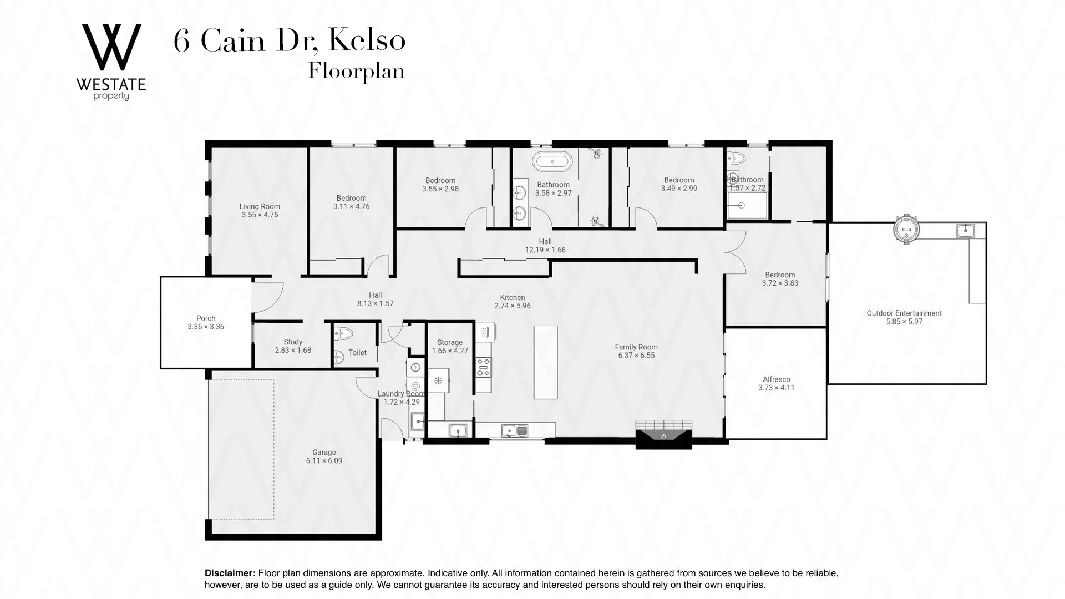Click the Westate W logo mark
[111, 48]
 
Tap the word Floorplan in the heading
[356, 72]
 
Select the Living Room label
[260, 206]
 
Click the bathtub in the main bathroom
[552, 161]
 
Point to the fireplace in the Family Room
[664, 434]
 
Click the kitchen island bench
[545, 362]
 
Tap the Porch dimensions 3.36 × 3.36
[206, 327]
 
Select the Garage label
[324, 453]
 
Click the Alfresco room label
[776, 379]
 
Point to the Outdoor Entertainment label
[904, 313]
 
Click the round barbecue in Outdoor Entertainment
[906, 229]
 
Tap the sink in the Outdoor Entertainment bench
[965, 230]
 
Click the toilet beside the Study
[344, 333]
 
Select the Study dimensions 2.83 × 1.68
[293, 351]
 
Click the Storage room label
[449, 342]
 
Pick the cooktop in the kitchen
[483, 367]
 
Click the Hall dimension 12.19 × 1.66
[545, 250]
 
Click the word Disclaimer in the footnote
[230, 573]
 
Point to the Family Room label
[636, 347]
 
